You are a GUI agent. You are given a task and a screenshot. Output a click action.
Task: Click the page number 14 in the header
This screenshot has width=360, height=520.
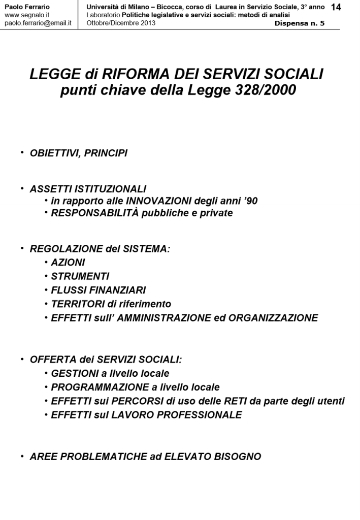coord(336,8)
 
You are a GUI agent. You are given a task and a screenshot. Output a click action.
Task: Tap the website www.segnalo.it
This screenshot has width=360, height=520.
coord(26,15)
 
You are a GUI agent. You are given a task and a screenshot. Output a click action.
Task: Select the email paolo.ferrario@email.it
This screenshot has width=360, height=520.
coord(38,23)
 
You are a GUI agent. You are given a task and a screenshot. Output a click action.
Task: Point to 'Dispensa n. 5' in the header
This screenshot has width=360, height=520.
coord(300,23)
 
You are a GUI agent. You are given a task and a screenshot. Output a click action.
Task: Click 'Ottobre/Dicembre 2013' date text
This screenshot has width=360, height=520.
coord(121,23)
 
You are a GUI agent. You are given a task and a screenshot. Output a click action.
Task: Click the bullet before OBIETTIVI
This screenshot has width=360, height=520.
coord(22,152)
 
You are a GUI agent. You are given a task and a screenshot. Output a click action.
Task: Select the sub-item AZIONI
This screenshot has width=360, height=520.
coord(68,263)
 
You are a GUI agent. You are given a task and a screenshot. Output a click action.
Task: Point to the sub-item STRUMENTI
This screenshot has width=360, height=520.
coord(80,276)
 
